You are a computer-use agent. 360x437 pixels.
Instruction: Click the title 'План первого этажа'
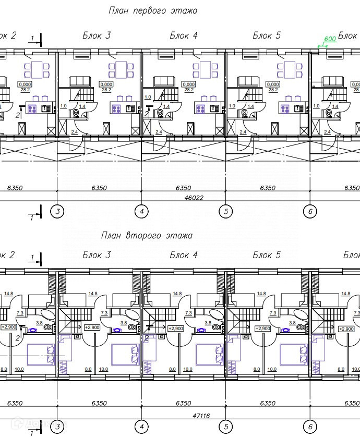coord(153,10)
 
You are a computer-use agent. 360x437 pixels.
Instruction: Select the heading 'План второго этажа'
coord(147,236)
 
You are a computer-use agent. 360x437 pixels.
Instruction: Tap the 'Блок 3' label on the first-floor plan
coord(97,35)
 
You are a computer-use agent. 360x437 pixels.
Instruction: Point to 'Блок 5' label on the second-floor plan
coord(267,255)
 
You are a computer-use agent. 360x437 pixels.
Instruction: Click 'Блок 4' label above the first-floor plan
coord(184,35)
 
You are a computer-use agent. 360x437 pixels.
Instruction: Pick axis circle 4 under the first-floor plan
coord(141,211)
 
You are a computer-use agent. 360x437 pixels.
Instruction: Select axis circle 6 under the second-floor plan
coord(310,427)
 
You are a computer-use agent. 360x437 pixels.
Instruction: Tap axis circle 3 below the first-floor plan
coord(57,211)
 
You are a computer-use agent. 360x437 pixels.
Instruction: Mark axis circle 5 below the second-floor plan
coord(225,427)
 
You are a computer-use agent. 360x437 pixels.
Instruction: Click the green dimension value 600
coord(329,39)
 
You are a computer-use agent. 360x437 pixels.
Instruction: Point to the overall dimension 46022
coord(194,198)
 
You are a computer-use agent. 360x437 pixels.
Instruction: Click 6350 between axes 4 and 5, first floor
coord(183,188)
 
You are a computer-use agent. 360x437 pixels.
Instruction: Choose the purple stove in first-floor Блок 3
coord(116,108)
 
